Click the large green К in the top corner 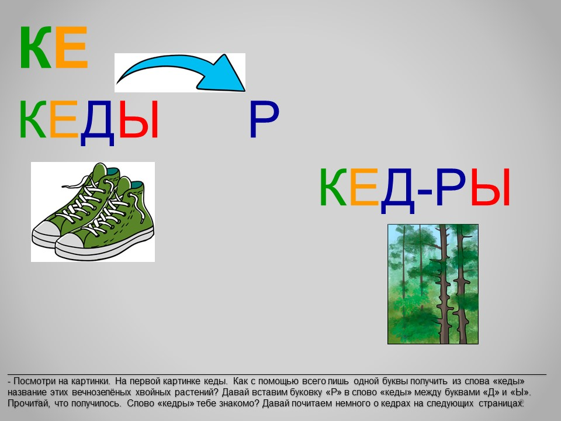[35, 47]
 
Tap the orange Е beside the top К [71, 47]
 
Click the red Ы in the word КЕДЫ [138, 119]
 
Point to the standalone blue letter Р [264, 119]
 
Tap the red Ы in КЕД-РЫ [490, 187]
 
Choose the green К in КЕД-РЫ [333, 187]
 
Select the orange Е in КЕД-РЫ [364, 187]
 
